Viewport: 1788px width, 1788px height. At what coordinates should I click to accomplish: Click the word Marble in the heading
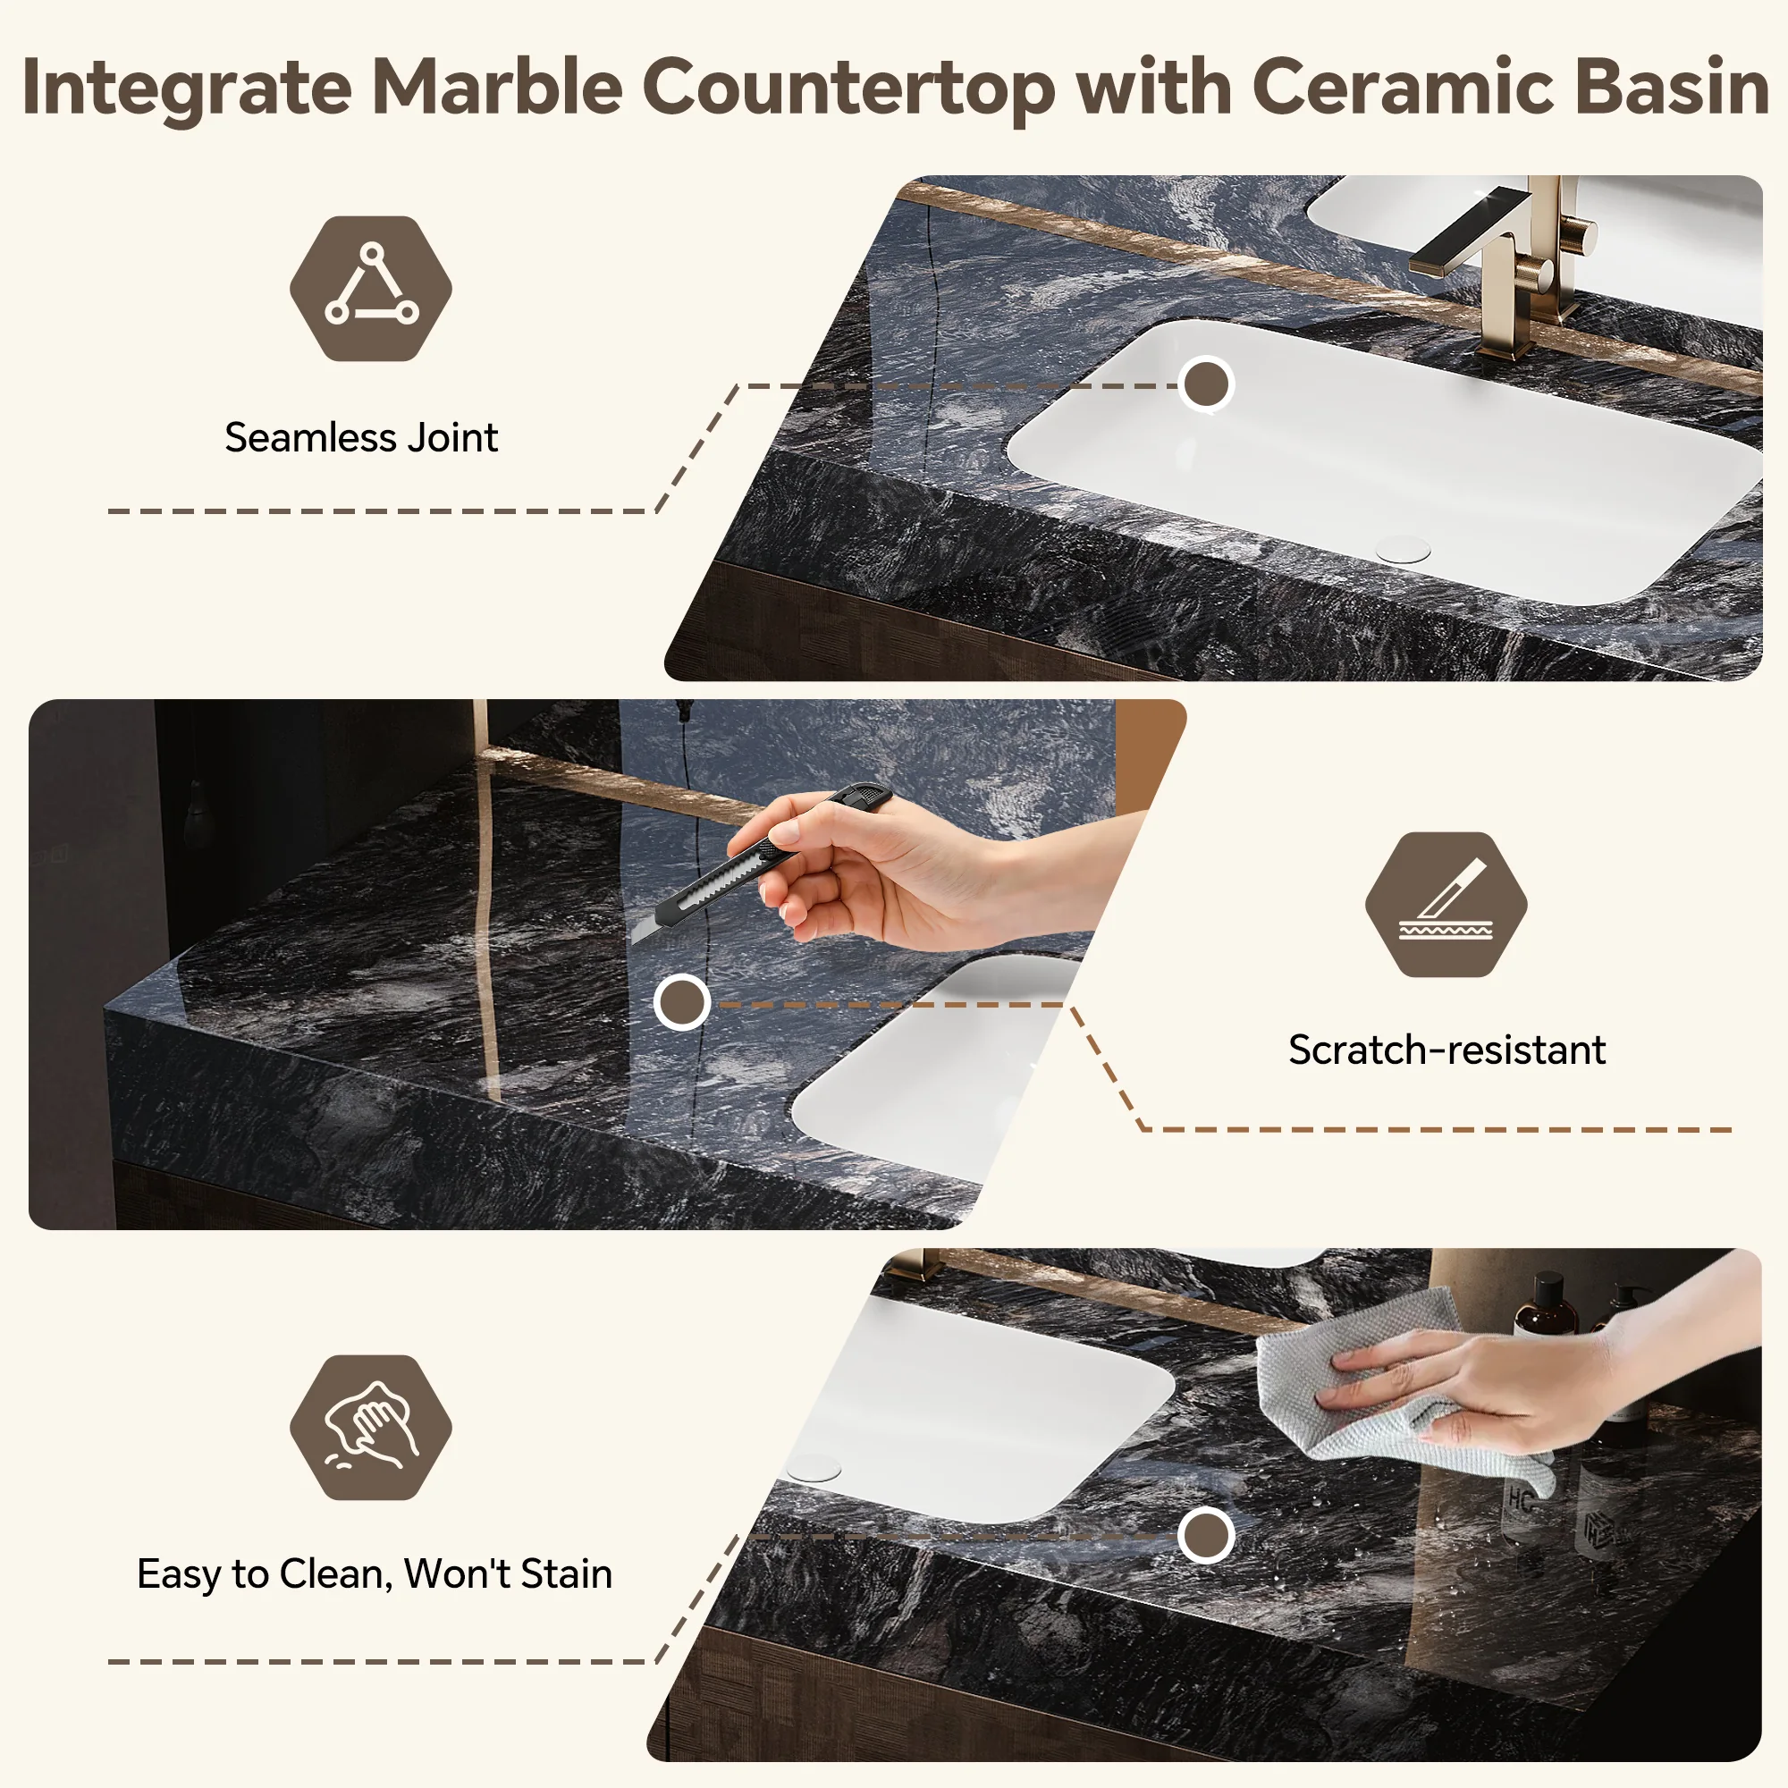497,87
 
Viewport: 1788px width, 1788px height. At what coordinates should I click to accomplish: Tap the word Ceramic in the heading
1401,87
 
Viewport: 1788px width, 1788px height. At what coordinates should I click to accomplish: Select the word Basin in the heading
1672,87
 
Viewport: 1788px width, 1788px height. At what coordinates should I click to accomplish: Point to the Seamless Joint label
361,437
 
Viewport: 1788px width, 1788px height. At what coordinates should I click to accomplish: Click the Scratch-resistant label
1446,1050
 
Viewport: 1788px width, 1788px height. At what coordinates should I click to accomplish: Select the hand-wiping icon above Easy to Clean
371,1426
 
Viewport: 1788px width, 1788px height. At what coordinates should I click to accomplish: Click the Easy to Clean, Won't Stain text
375,1573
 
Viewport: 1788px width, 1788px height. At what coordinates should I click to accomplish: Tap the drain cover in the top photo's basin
1403,548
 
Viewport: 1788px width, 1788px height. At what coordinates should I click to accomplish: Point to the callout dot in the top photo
1206,384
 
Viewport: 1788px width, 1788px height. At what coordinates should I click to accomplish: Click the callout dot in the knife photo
682,1001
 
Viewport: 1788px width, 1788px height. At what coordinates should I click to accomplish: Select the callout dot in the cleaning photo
1206,1535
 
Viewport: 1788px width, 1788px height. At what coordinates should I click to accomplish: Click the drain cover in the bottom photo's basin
814,1467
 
